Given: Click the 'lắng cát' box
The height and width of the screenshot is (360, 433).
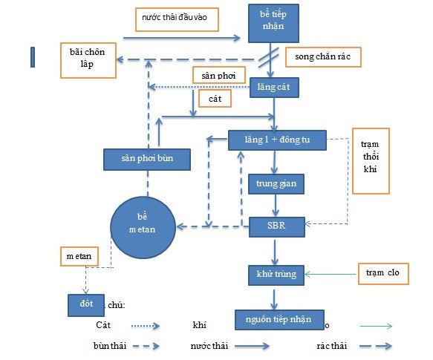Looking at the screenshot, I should pyautogui.click(x=275, y=88).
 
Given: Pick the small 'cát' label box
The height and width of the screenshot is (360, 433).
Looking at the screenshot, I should pyautogui.click(x=215, y=97).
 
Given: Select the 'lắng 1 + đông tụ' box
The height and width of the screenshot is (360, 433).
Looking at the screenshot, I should pyautogui.click(x=274, y=139).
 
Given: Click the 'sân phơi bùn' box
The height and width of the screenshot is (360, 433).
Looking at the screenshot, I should pyautogui.click(x=147, y=158).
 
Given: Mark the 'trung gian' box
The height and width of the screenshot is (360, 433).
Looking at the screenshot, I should pyautogui.click(x=275, y=183).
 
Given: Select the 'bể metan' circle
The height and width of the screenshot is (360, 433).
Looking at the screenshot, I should pyautogui.click(x=142, y=223).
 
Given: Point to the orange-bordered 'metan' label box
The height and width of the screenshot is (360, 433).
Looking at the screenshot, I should pyautogui.click(x=79, y=256).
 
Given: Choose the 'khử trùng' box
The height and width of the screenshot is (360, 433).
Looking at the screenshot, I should pyautogui.click(x=276, y=274).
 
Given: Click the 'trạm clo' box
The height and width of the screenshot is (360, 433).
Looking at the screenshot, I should pyautogui.click(x=384, y=274).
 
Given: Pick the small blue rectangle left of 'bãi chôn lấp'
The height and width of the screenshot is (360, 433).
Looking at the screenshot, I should pyautogui.click(x=32, y=57).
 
